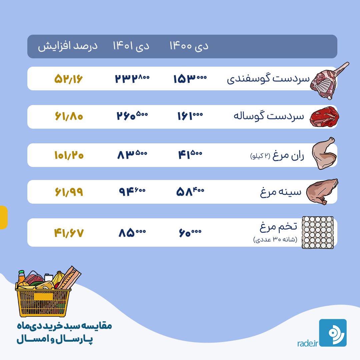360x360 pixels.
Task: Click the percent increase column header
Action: [x=68, y=46]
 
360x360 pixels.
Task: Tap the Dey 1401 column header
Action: [x=131, y=46]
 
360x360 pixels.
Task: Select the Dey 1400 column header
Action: [x=189, y=46]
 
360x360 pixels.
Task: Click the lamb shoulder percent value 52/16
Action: [x=68, y=79]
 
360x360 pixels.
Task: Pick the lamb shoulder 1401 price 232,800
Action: [x=132, y=79]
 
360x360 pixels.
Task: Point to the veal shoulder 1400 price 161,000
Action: [x=190, y=116]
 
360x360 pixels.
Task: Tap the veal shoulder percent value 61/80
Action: [x=69, y=116]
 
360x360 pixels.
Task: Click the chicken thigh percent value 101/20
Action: [x=69, y=155]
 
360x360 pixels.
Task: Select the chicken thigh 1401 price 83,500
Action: [x=132, y=154]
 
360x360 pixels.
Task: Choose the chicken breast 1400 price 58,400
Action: [x=190, y=191]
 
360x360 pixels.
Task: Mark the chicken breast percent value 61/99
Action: [x=69, y=192]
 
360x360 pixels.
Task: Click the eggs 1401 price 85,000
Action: [x=132, y=233]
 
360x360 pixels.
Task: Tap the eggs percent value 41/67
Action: [x=69, y=233]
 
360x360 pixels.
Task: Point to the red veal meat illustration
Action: [x=324, y=117]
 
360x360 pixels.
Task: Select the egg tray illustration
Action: [x=318, y=232]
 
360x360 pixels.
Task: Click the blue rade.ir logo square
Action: [x=333, y=333]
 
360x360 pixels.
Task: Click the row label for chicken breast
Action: [x=281, y=192]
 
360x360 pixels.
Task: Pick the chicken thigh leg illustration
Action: [x=324, y=153]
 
